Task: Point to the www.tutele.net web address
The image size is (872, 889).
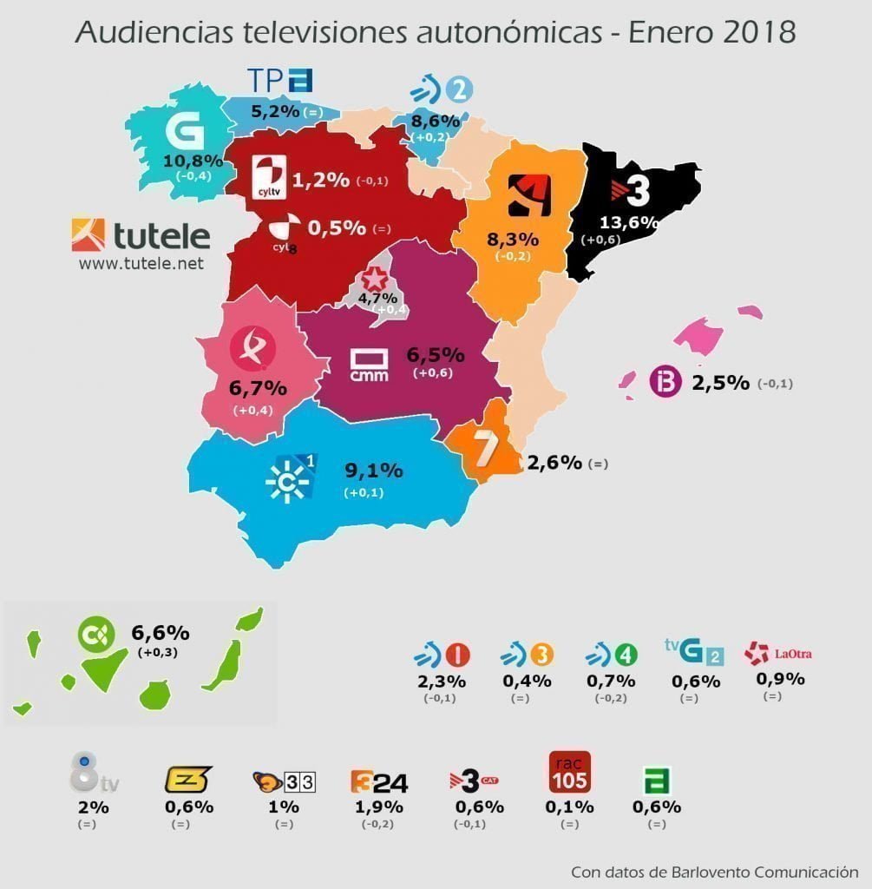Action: pyautogui.click(x=141, y=263)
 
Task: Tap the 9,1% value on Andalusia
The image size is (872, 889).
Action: pyautogui.click(x=374, y=471)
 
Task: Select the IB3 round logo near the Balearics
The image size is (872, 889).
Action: pyautogui.click(x=665, y=383)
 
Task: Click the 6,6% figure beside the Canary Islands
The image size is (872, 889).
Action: pyautogui.click(x=160, y=632)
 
